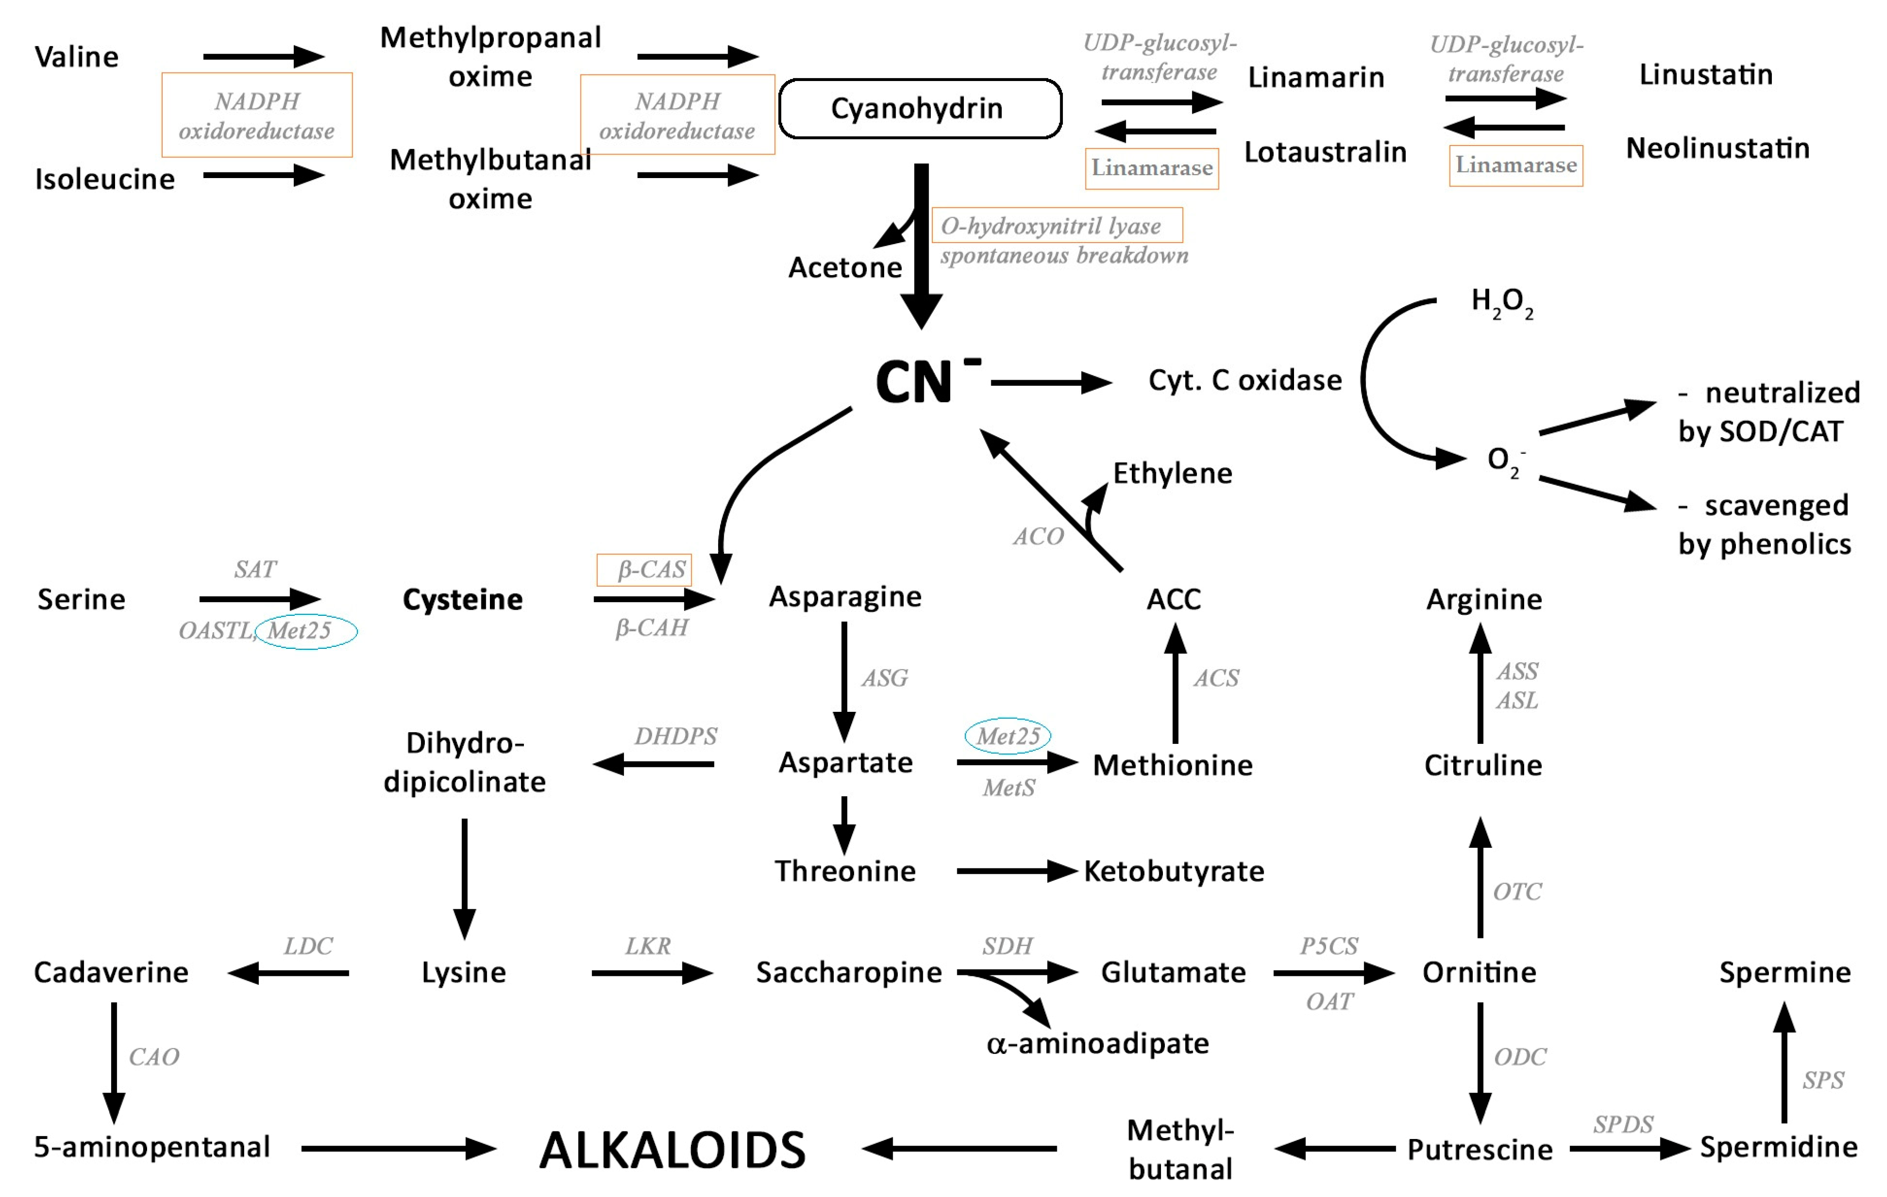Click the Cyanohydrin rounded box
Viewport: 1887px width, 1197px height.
[920, 109]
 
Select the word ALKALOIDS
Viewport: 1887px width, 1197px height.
[673, 1150]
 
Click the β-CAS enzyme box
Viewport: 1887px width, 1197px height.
[644, 570]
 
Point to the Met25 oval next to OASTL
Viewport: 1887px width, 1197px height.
[306, 631]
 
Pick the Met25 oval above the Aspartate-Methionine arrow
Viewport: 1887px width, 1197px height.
[1008, 736]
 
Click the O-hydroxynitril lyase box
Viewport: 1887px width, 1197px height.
[1056, 226]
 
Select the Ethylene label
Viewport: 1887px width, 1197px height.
[1172, 473]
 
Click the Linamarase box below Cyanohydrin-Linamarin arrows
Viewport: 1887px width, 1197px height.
[1151, 169]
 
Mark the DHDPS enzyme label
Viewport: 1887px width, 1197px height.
[676, 736]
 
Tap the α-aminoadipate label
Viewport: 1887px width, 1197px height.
[1097, 1043]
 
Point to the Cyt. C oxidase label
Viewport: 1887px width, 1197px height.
[1244, 381]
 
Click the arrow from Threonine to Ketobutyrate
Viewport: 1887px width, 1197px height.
[1016, 871]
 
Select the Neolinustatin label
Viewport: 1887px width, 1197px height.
[1718, 148]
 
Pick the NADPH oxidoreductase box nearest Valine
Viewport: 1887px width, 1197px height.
[257, 115]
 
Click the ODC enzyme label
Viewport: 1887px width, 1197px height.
[1520, 1057]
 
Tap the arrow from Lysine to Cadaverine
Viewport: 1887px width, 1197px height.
[288, 973]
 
